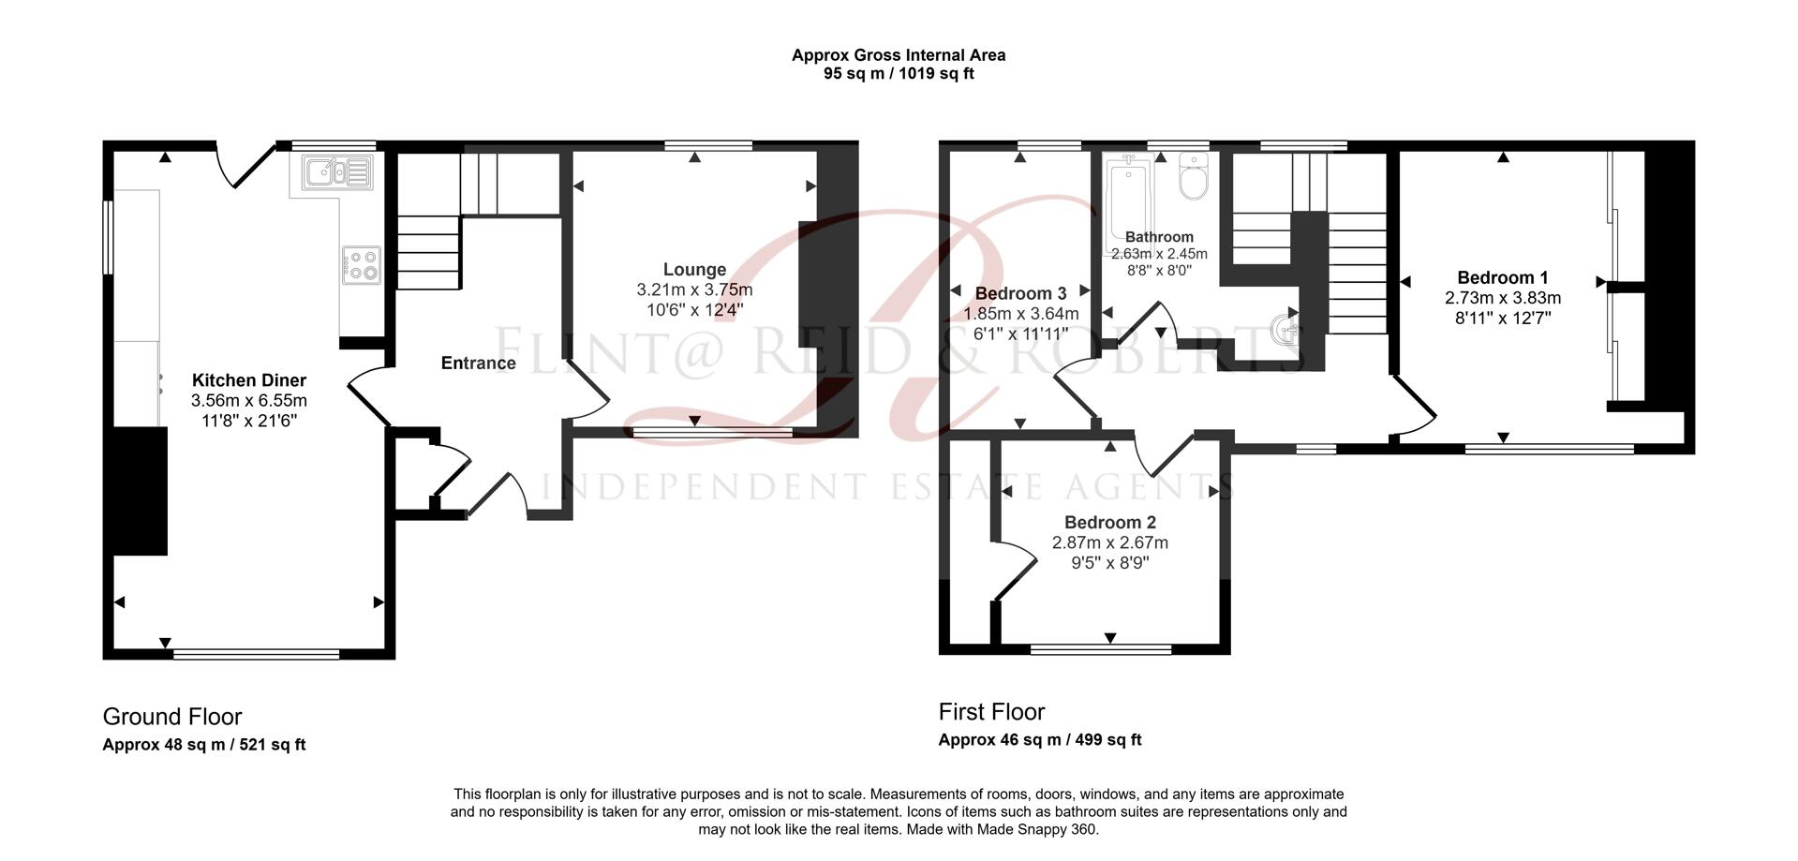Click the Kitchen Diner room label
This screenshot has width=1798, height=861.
click(249, 380)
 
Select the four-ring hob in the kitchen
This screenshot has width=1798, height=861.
click(362, 264)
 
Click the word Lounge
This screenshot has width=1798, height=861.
click(694, 270)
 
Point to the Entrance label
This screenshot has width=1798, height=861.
click(478, 363)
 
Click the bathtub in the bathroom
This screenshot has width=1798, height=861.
click(1125, 198)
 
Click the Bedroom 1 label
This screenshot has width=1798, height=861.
click(1502, 277)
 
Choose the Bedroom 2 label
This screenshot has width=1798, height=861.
click(1109, 523)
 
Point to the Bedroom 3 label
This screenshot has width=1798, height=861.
click(1020, 293)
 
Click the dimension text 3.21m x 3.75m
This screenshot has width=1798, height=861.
click(694, 290)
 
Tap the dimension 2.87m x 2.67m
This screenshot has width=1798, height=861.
click(1109, 543)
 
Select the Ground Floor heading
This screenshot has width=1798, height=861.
click(172, 717)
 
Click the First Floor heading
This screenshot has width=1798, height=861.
click(991, 712)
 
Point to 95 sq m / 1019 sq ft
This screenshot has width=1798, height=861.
click(898, 74)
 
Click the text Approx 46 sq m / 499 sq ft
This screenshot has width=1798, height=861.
click(1039, 740)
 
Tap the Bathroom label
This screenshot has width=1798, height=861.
click(1159, 237)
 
